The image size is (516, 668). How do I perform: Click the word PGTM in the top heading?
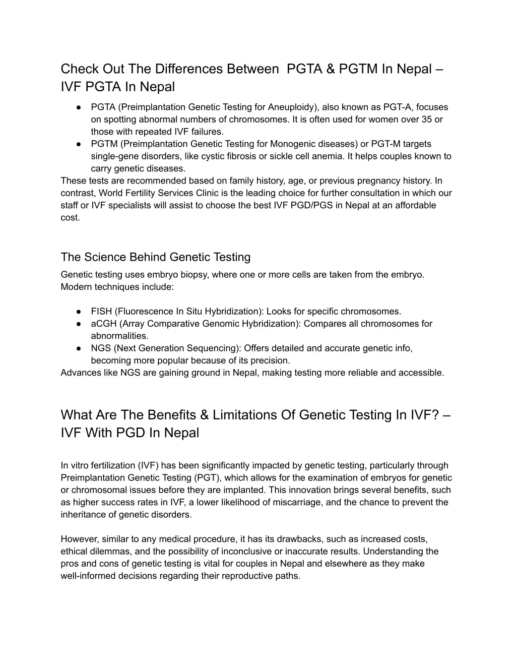tap(358, 69)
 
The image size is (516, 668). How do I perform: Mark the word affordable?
tap(411, 205)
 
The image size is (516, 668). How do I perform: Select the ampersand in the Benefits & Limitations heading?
tap(204, 415)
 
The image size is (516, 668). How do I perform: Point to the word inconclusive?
tap(196, 552)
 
